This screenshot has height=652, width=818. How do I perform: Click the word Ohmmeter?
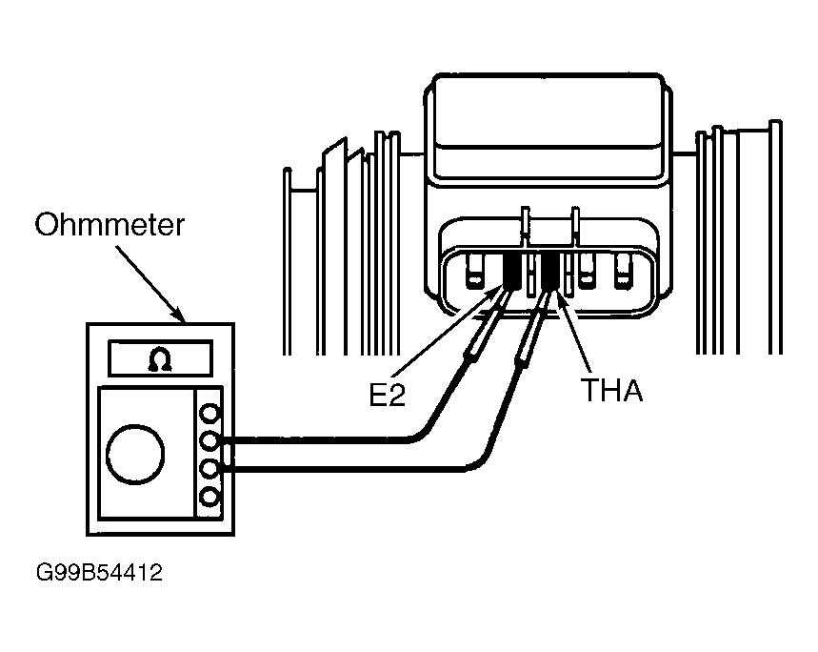click(x=110, y=225)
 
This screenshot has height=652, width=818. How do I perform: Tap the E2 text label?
click(x=387, y=396)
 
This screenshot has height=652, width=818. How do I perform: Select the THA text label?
click(x=612, y=390)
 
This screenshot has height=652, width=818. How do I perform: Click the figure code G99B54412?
click(x=99, y=573)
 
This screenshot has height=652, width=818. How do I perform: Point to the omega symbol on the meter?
click(x=160, y=359)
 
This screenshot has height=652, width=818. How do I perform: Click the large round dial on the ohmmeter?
click(x=135, y=454)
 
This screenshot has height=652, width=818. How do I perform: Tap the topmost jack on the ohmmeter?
click(x=209, y=414)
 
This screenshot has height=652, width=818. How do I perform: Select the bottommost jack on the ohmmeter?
click(x=209, y=497)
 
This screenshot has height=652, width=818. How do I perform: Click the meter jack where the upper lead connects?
click(x=209, y=441)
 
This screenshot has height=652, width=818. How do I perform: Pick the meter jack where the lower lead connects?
click(x=209, y=469)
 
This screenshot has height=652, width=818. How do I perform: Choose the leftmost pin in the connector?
click(x=474, y=271)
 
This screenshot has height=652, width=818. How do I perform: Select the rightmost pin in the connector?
click(x=624, y=271)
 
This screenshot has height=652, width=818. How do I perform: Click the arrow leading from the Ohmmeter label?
click(x=150, y=284)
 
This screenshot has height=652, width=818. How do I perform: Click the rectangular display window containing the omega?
click(x=160, y=358)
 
